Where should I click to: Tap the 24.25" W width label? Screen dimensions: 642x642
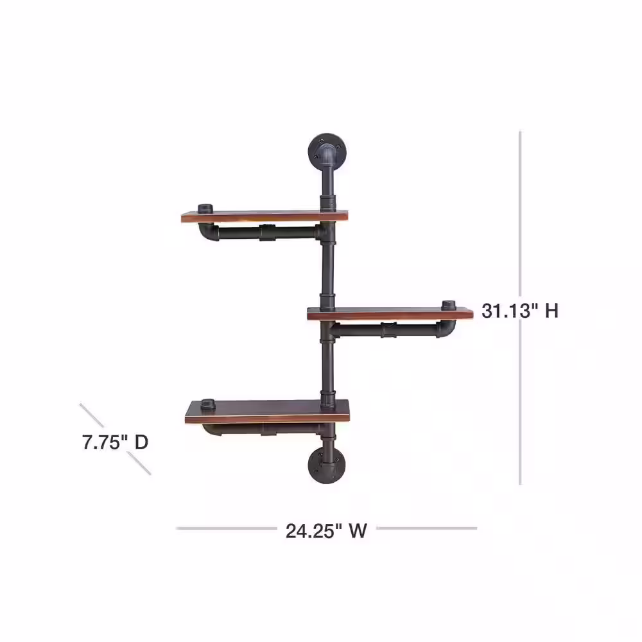pyautogui.click(x=326, y=531)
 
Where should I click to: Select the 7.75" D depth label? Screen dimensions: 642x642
pyautogui.click(x=115, y=442)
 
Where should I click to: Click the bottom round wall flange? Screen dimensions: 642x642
pyautogui.click(x=327, y=465)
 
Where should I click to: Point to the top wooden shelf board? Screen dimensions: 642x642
pyautogui.click(x=265, y=216)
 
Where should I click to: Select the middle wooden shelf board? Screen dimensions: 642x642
pyautogui.click(x=390, y=313)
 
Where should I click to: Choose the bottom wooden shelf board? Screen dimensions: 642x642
pyautogui.click(x=267, y=412)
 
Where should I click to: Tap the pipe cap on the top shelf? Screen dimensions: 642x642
pyautogui.click(x=205, y=209)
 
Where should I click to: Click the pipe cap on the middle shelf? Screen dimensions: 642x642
pyautogui.click(x=449, y=305)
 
